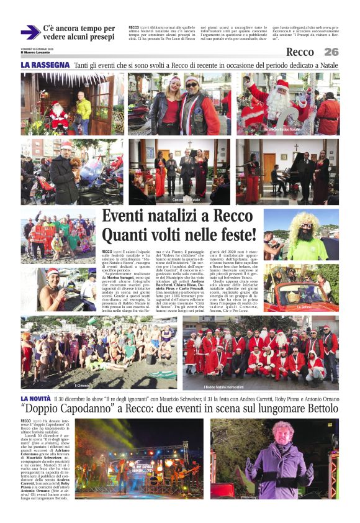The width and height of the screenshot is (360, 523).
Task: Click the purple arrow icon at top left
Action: coord(30,32)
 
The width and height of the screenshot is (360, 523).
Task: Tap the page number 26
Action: coord(331,52)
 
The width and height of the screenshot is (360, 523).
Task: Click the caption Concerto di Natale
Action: coord(187,200)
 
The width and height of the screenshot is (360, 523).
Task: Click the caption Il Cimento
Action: coord(83,385)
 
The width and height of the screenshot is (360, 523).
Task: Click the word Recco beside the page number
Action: coord(300,52)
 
